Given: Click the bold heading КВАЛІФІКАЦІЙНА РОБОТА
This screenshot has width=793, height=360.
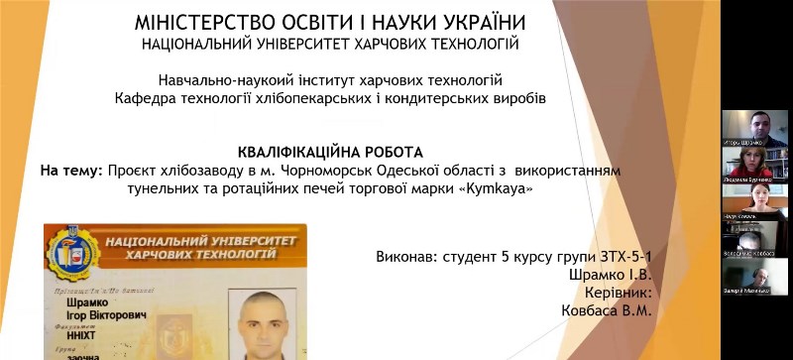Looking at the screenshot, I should coord(331,153).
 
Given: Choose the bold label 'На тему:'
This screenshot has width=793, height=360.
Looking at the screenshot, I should coord(70,171).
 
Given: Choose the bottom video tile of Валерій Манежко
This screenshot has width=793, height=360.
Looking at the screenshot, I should coord(755,276).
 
